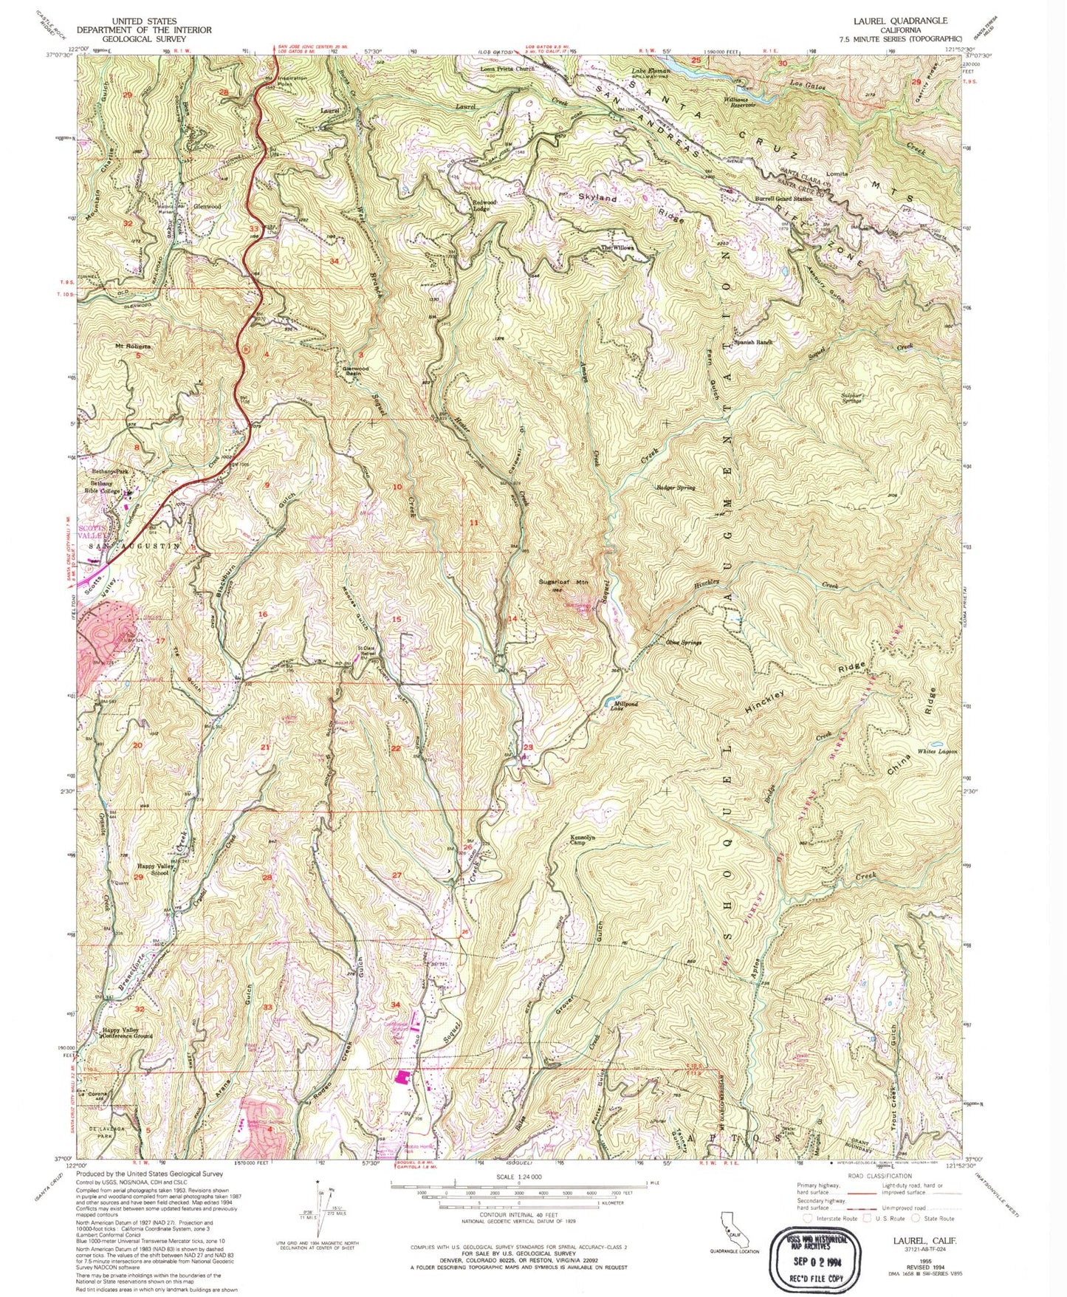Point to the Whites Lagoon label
coord(938,751)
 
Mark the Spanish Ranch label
coord(752,343)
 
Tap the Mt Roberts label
coord(132,346)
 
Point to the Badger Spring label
coord(676,488)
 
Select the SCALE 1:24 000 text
coord(519,1177)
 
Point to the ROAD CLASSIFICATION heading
coord(880,1176)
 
